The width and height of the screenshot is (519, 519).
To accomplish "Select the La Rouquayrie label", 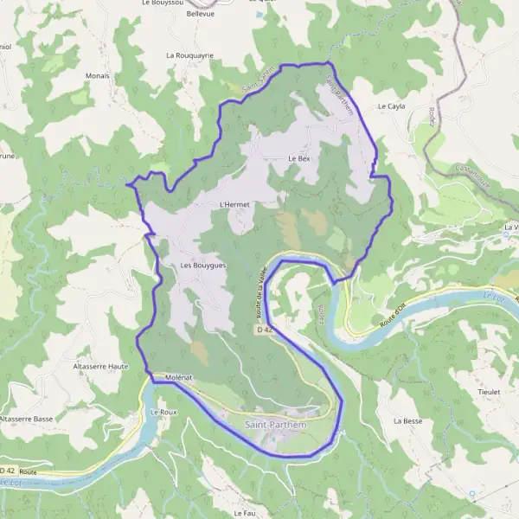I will tap(189, 54).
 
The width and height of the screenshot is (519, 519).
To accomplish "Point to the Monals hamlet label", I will tap(98, 75).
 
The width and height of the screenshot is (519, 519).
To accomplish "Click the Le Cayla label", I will tap(392, 106).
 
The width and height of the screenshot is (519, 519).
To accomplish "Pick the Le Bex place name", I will tap(298, 159).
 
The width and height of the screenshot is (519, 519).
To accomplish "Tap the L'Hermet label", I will tap(234, 204).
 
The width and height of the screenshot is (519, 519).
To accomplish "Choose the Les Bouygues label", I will tap(203, 266).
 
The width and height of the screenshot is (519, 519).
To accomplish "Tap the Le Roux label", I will tap(163, 413).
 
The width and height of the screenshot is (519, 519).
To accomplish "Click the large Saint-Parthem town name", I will tap(276, 425).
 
